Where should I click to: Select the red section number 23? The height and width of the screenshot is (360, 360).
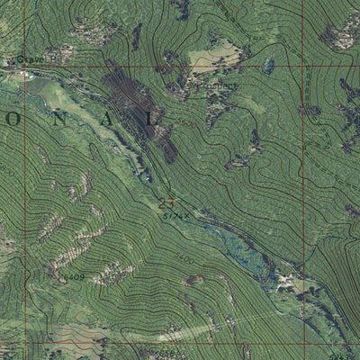click(x=165, y=203)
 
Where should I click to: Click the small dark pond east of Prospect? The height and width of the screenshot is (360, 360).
click(x=268, y=66)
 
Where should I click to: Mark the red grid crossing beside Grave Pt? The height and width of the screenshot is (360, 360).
click(x=25, y=67)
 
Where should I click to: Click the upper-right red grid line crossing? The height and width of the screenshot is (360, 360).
click(x=303, y=67)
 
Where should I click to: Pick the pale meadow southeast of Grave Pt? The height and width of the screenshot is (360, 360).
click(x=63, y=94)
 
